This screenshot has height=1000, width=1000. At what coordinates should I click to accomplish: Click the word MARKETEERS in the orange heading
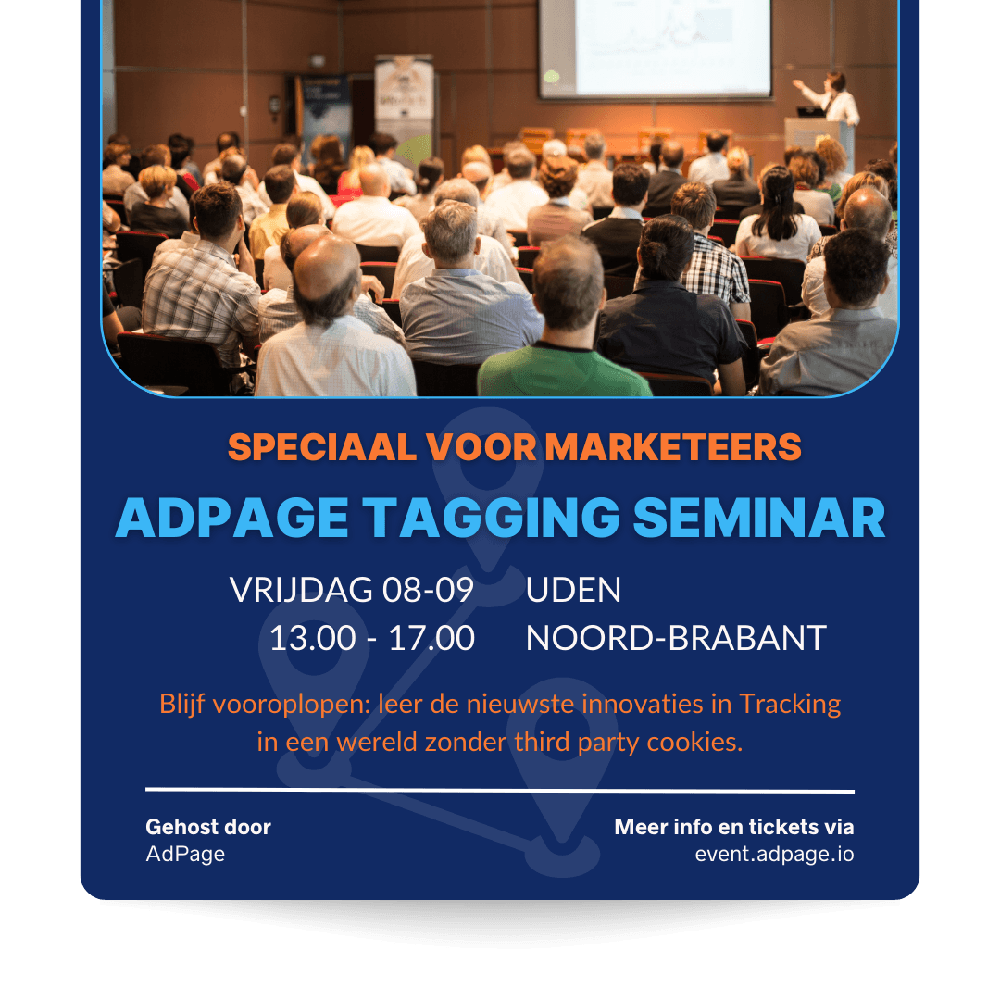click(673, 446)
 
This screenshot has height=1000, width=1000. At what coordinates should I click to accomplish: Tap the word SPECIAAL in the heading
click(322, 446)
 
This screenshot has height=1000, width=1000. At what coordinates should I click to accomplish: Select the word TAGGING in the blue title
click(491, 518)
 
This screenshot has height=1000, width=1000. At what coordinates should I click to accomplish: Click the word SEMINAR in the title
click(759, 518)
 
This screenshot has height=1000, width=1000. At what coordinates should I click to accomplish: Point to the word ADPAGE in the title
click(232, 518)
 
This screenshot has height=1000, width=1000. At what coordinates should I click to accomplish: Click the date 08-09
click(428, 590)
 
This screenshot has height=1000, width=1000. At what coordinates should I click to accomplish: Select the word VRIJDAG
click(301, 590)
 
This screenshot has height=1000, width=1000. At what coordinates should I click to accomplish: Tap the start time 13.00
click(313, 638)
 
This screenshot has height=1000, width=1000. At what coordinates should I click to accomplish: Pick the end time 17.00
click(431, 638)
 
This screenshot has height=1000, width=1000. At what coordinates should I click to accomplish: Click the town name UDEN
click(573, 590)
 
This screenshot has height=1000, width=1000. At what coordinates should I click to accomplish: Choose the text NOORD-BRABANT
click(676, 638)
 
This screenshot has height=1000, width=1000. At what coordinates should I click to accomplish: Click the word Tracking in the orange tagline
click(790, 705)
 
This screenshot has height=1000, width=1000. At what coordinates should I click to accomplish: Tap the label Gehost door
click(208, 827)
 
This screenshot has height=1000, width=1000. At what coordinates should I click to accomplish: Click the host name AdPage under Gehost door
click(185, 855)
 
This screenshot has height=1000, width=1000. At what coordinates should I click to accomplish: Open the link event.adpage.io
click(774, 854)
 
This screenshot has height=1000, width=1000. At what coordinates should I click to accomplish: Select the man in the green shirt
click(564, 319)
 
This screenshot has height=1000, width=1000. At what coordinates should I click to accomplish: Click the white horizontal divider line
click(500, 791)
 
